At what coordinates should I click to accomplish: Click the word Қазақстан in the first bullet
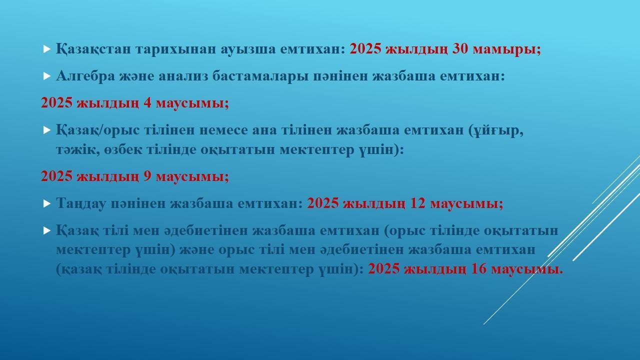(x=93, y=49)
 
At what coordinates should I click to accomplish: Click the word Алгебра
(x=85, y=76)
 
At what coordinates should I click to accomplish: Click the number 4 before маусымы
(x=147, y=103)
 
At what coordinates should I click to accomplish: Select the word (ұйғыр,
(x=496, y=131)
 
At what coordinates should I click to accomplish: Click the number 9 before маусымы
(x=147, y=176)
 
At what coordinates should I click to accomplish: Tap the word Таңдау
(x=81, y=203)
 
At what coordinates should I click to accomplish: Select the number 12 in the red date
(x=417, y=203)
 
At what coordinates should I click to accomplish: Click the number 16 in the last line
(x=478, y=269)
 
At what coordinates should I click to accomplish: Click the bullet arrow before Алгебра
(x=47, y=76)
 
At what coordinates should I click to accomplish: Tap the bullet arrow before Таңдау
(x=47, y=203)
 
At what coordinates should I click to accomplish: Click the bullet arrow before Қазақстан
(x=47, y=49)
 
